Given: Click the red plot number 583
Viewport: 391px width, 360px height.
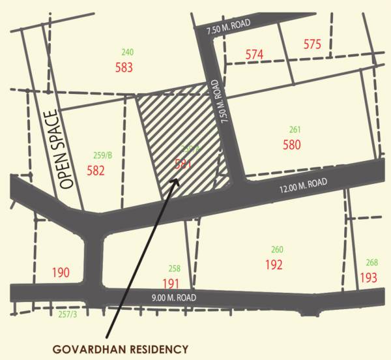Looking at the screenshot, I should click(x=124, y=67).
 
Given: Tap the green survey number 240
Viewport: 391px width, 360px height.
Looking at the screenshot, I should click(x=127, y=52).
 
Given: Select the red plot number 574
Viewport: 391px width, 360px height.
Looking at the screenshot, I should click(x=254, y=55).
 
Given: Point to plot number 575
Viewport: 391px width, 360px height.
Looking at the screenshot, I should click(x=312, y=44).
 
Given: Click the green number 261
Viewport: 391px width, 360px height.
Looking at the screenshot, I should click(x=295, y=129).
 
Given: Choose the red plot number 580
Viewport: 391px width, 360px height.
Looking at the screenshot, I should click(x=292, y=145).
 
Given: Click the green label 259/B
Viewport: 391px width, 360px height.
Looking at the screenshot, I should click(x=102, y=155).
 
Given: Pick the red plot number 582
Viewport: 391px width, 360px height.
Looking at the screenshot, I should click(x=96, y=171).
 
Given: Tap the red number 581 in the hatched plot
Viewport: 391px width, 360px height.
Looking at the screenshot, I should click(x=183, y=164).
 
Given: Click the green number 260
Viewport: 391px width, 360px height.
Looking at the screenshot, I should click(x=277, y=250).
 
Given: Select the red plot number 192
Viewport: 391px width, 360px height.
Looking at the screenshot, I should click(x=274, y=265).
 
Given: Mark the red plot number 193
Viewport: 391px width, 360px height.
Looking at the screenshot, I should click(x=368, y=277).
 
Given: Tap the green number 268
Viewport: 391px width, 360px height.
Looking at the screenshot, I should click(x=371, y=262).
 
